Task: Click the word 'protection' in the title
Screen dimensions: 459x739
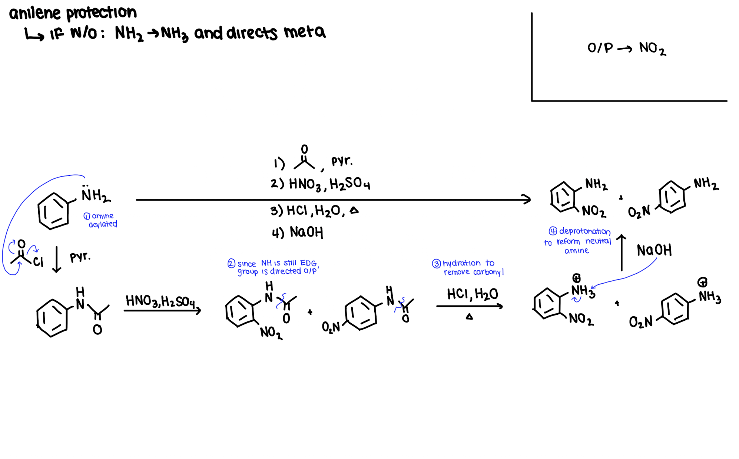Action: click(x=101, y=13)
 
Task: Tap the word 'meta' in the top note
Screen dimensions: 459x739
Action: click(x=304, y=32)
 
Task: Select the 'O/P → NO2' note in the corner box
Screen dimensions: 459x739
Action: click(x=626, y=48)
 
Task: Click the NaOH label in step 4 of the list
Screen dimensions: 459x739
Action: click(x=306, y=232)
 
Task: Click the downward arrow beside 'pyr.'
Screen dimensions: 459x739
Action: click(x=57, y=259)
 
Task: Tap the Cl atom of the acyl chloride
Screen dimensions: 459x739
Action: click(x=38, y=262)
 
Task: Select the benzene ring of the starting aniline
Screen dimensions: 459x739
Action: click(x=53, y=211)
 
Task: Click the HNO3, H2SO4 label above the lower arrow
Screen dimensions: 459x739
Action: click(x=160, y=301)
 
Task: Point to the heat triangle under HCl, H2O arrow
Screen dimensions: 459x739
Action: click(x=469, y=317)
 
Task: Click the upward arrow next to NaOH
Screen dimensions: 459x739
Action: click(x=622, y=252)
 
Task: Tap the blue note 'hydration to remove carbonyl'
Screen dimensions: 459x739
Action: click(x=468, y=267)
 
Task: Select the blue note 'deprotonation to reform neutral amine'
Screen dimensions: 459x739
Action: click(x=577, y=241)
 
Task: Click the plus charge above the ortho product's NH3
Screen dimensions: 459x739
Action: click(x=576, y=278)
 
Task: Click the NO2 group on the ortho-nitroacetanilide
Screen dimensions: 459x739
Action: click(x=271, y=333)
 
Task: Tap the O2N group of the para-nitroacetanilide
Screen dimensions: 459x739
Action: click(x=331, y=327)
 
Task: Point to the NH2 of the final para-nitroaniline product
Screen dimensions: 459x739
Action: click(x=706, y=184)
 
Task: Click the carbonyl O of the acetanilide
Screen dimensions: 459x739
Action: click(x=97, y=330)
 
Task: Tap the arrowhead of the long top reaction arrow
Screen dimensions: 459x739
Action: click(x=526, y=199)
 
